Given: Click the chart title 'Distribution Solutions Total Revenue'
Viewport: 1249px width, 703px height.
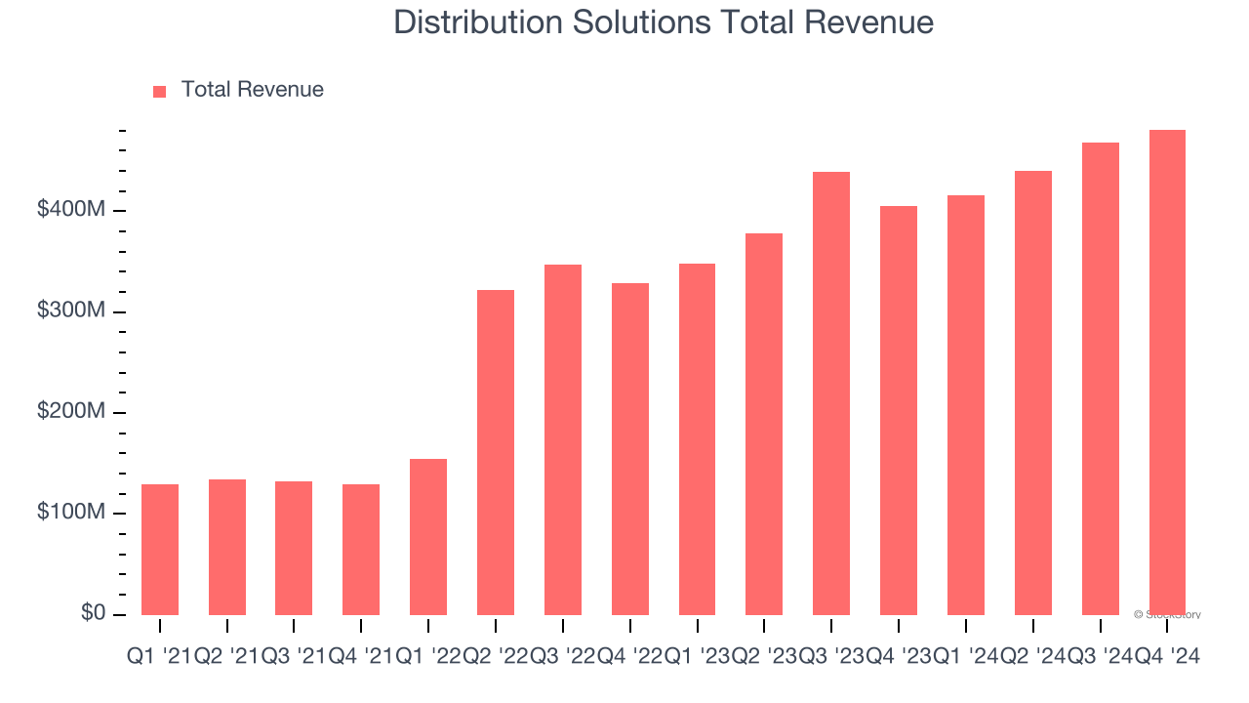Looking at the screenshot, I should tap(664, 22).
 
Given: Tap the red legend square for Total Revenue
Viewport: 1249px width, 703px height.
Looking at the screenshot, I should tap(160, 91).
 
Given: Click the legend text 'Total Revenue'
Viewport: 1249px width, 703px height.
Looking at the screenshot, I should tap(252, 90).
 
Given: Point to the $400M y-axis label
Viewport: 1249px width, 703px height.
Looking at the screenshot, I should tap(71, 210).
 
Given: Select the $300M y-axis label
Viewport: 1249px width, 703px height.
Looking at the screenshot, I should tap(71, 310).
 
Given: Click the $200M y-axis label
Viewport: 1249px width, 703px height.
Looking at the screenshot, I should tap(71, 412).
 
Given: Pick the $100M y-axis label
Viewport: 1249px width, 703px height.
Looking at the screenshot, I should tap(71, 513).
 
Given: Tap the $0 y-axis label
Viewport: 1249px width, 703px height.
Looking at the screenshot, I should tap(94, 613).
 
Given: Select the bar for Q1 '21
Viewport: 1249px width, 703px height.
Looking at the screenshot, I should tap(160, 550).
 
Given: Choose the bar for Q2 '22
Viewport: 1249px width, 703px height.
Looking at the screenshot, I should tap(496, 453).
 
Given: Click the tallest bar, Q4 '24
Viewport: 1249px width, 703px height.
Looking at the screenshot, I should tap(1167, 373).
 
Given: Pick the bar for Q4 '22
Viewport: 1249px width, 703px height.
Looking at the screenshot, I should tap(630, 449).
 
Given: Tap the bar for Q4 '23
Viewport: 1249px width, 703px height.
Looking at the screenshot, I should tap(899, 411).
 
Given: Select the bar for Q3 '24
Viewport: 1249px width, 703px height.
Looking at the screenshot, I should tap(1101, 379).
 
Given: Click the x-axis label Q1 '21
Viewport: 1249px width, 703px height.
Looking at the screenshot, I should tap(160, 658).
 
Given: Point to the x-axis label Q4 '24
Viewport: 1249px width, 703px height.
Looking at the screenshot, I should tap(1167, 658).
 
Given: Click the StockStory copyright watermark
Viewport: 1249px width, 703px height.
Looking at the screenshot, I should tap(1167, 615).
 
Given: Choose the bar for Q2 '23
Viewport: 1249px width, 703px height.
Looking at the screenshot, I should tap(764, 425).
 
